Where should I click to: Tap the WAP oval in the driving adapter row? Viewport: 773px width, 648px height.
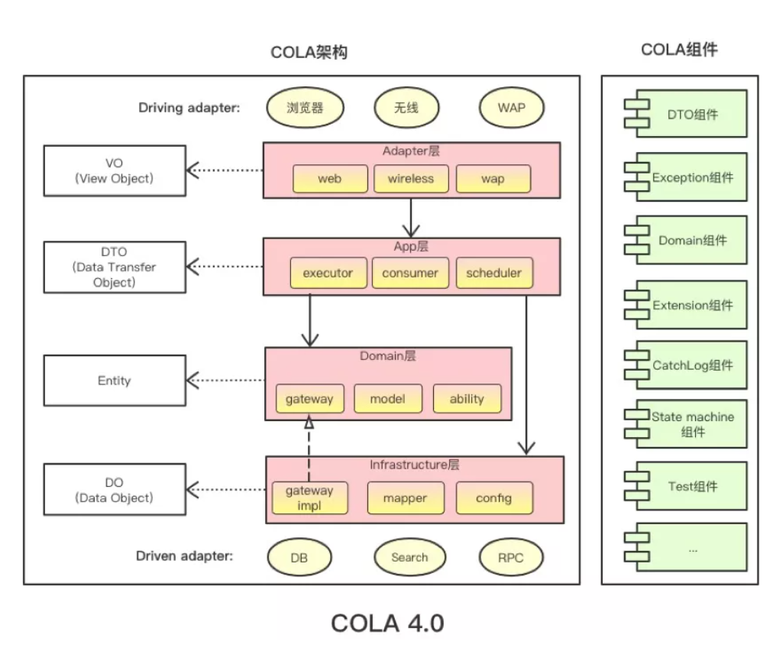511,108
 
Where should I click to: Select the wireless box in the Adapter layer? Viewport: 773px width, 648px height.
410,179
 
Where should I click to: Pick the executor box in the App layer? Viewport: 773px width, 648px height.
328,274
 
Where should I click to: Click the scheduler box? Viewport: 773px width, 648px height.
493,274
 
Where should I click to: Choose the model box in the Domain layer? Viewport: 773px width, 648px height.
386,399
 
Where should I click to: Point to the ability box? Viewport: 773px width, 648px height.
467,399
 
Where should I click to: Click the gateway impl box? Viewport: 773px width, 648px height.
309,498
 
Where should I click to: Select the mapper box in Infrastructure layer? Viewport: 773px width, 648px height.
406,498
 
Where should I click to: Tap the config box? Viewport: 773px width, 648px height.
493,498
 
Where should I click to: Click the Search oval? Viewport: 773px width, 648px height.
409,558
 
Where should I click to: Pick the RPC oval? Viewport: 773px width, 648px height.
511,558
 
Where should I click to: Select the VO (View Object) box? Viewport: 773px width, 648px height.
115,171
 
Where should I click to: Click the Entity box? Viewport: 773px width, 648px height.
115,381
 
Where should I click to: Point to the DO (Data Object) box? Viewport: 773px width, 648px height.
115,491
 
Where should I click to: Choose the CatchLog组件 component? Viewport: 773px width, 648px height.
685,366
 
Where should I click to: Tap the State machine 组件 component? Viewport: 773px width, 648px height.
685,425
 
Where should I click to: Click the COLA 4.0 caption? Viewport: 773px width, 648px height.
387,623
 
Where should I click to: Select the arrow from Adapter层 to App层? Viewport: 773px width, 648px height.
412,218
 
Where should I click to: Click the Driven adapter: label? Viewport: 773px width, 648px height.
184,556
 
